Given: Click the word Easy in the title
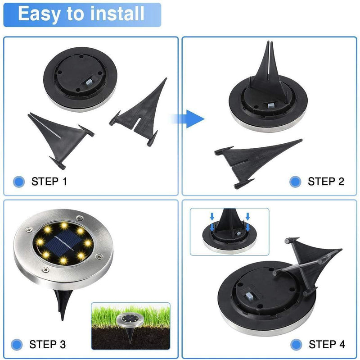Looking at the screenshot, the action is [39, 15].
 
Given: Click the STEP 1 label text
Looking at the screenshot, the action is [49, 182].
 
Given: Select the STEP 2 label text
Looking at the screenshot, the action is [326, 182].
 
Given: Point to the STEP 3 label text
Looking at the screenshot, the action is [48, 344].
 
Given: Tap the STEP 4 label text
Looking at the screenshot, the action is [327, 344].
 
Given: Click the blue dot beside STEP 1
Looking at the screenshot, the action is [19, 182].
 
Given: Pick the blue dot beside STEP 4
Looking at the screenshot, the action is [296, 345].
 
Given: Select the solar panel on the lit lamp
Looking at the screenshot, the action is [63, 242].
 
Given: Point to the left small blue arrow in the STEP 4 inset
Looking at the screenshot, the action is [212, 216].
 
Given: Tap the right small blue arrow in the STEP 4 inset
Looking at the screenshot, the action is [247, 216].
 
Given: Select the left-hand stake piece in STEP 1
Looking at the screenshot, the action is [60, 138].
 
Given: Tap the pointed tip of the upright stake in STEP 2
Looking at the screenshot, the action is [268, 41].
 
